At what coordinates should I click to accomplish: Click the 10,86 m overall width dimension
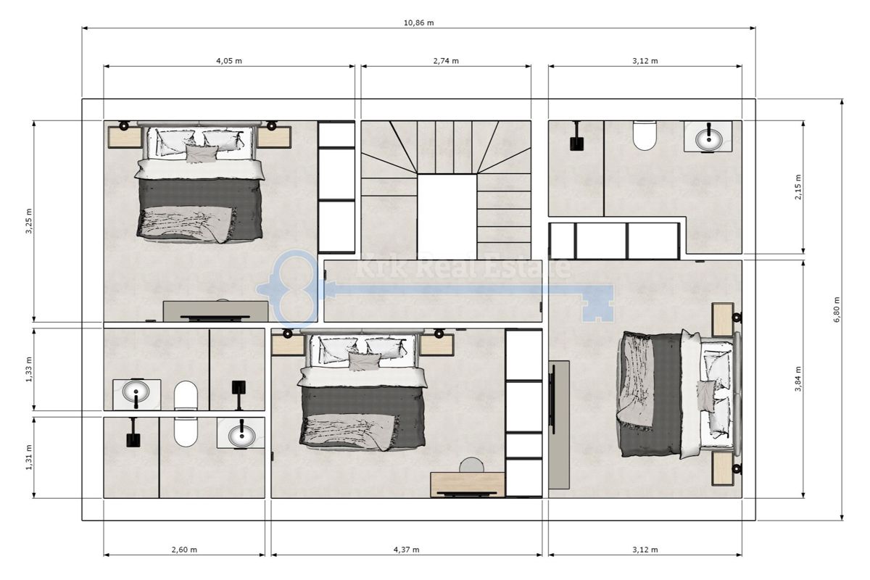(418, 22)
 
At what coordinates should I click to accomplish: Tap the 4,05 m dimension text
(228, 61)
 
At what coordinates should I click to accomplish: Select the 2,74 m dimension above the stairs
(446, 61)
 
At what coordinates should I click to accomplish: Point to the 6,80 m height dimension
(836, 310)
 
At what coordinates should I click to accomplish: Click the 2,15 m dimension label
(797, 187)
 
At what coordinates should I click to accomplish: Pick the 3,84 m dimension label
(797, 379)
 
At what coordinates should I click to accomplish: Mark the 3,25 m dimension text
(28, 221)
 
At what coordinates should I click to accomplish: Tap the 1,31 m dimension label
(28, 457)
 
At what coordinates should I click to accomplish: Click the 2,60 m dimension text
(183, 550)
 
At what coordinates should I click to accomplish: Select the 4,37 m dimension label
(406, 550)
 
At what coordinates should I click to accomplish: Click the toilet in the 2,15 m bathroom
(644, 135)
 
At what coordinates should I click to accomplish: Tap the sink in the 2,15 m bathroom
(708, 136)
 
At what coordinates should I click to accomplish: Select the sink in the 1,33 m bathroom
(136, 394)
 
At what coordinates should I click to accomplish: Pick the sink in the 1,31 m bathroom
(241, 434)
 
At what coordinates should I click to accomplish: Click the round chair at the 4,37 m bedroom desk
(472, 465)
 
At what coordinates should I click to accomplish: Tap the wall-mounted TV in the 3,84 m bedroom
(553, 395)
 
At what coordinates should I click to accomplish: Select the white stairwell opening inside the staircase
(447, 216)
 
